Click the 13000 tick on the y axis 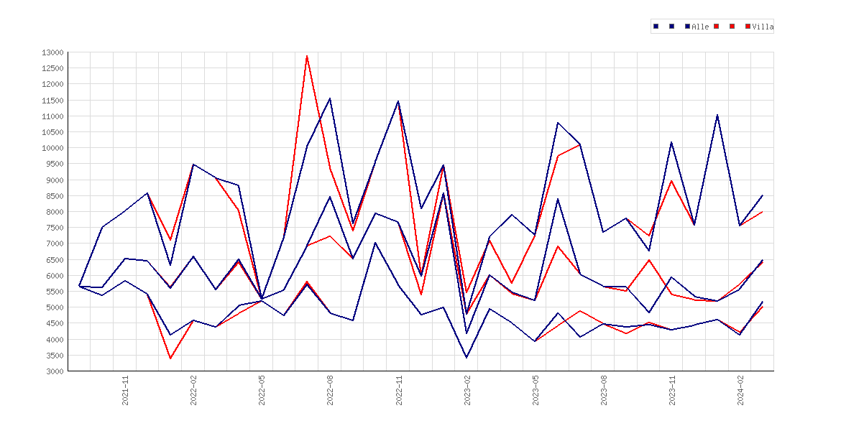(x=52, y=52)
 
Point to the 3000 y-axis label (x=54, y=371)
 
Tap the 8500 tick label (x=54, y=196)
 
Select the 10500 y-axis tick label (x=52, y=132)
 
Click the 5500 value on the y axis (x=54, y=292)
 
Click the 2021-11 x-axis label (x=126, y=390)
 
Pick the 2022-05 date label (x=262, y=390)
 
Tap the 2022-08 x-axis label (x=331, y=390)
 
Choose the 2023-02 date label (x=467, y=390)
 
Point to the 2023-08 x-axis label (x=604, y=390)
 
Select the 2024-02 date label (x=740, y=390)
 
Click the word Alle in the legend (x=701, y=27)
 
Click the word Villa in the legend (x=763, y=27)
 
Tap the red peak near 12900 (x=307, y=56)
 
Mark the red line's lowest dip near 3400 (x=170, y=358)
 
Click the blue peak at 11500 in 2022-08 (x=330, y=98)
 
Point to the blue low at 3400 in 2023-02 (x=467, y=358)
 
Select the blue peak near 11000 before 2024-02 (x=717, y=115)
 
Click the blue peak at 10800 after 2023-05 (x=558, y=123)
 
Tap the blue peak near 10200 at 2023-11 (x=671, y=142)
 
